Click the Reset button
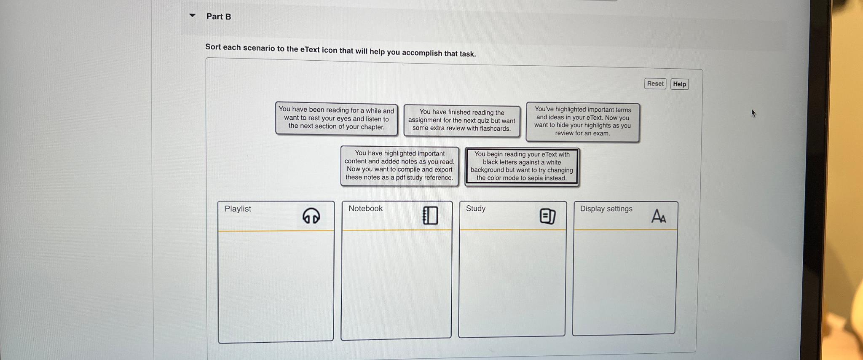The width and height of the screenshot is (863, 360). [x=655, y=83]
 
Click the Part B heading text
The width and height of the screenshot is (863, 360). [x=218, y=16]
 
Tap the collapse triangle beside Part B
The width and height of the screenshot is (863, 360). [x=193, y=16]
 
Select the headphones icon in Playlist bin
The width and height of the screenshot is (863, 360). [x=311, y=216]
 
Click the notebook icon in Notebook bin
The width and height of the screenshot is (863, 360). [x=430, y=215]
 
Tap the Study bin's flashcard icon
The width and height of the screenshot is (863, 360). [x=547, y=216]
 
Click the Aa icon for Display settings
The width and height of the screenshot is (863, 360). [x=658, y=216]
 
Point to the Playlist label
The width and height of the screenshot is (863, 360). [x=238, y=209]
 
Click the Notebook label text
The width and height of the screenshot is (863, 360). [x=365, y=208]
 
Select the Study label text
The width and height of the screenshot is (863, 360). [x=475, y=208]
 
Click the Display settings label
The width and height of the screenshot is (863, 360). [x=606, y=209]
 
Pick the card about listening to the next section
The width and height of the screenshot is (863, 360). [x=336, y=118]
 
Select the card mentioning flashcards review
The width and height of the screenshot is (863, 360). [x=461, y=121]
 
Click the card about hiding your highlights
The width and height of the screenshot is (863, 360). [x=582, y=121]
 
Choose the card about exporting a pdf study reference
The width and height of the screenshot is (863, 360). [x=399, y=166]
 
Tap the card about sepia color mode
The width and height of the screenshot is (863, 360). [x=522, y=166]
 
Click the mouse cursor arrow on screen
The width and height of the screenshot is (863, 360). [x=753, y=113]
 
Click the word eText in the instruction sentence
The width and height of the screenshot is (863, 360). [x=310, y=49]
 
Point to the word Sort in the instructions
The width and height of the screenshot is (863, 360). [x=213, y=47]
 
